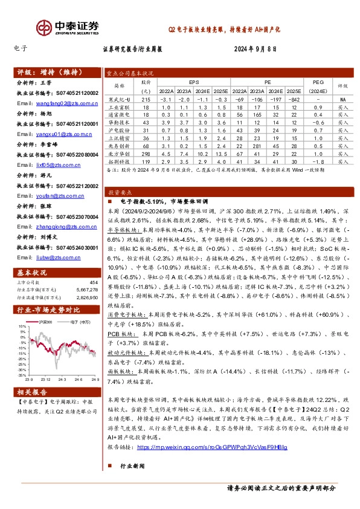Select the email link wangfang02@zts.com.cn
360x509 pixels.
pyautogui.click(x=60, y=103)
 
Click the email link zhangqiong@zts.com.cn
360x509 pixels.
pyautogui.click(x=60, y=226)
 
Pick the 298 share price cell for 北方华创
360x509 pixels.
pyautogui.click(x=145, y=154)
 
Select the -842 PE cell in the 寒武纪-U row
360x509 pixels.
pyautogui.click(x=294, y=99)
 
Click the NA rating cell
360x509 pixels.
pyautogui.click(x=342, y=99)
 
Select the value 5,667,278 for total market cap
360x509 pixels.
pyautogui.click(x=85, y=290)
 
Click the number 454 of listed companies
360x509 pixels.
pyautogui.click(x=93, y=282)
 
